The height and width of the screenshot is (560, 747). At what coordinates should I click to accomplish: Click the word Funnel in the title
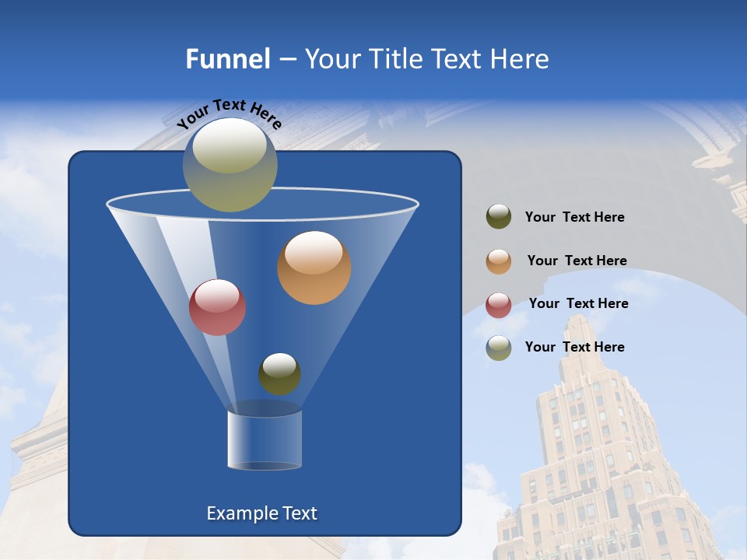pyautogui.click(x=227, y=59)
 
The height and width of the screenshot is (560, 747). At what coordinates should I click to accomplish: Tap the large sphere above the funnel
pyautogui.click(x=230, y=165)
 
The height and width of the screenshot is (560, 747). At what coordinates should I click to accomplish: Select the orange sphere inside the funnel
pyautogui.click(x=314, y=268)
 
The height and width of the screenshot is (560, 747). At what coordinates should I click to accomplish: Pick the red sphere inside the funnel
pyautogui.click(x=217, y=307)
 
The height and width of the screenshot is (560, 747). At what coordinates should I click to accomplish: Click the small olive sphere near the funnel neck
pyautogui.click(x=279, y=373)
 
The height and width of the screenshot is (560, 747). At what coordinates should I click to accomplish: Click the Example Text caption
pyautogui.click(x=261, y=513)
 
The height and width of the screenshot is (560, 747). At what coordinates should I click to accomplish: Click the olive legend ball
pyautogui.click(x=499, y=217)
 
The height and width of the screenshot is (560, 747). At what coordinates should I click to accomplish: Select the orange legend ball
pyautogui.click(x=499, y=261)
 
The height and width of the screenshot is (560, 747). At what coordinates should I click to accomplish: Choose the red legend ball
pyautogui.click(x=499, y=305)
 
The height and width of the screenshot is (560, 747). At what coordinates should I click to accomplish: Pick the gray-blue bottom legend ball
pyautogui.click(x=499, y=348)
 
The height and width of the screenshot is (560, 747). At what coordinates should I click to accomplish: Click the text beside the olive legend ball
pyautogui.click(x=574, y=218)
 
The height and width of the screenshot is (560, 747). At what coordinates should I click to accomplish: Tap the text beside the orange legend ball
pyautogui.click(x=577, y=261)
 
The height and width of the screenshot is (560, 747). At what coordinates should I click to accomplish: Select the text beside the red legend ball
pyautogui.click(x=578, y=304)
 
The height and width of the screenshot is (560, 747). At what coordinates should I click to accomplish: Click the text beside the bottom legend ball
pyautogui.click(x=574, y=347)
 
